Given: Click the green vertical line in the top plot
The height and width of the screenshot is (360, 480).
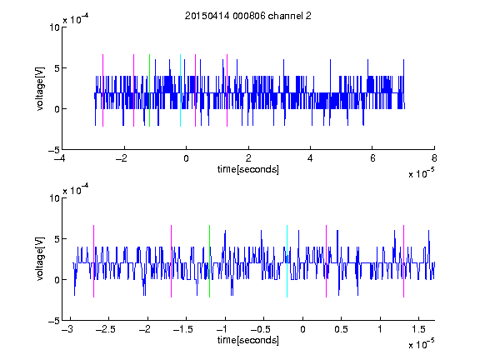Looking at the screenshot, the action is point(149,90).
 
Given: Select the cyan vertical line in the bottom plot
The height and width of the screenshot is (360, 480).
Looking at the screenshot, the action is point(287,261).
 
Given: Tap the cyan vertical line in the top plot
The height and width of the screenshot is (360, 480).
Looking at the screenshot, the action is point(180,90).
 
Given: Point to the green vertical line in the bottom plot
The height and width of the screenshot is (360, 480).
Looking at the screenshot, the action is point(210,261).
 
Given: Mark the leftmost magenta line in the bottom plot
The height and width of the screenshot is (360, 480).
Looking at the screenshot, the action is point(93,261).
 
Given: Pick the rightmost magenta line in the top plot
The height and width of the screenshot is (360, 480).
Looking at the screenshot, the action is point(227,90).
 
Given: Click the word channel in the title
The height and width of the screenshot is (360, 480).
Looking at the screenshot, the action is point(285,16).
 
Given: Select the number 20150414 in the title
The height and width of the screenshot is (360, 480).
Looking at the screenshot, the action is point(207,16).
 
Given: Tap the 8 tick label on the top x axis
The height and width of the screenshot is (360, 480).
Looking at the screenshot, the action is point(434,158).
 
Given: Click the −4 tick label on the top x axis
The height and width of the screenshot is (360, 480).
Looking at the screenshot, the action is point(60,158).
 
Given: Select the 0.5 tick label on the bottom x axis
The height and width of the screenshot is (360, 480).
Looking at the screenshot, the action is point(341,329).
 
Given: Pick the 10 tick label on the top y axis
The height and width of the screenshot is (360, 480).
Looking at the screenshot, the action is point(54,27).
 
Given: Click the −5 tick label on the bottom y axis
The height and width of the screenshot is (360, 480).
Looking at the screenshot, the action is point(54,321).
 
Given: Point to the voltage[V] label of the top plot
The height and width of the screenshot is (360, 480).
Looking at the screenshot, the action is point(40,88).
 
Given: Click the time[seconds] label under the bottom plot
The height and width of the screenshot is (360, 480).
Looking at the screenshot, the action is point(248,340).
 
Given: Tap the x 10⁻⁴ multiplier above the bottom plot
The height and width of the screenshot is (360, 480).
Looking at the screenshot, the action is point(76,189).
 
